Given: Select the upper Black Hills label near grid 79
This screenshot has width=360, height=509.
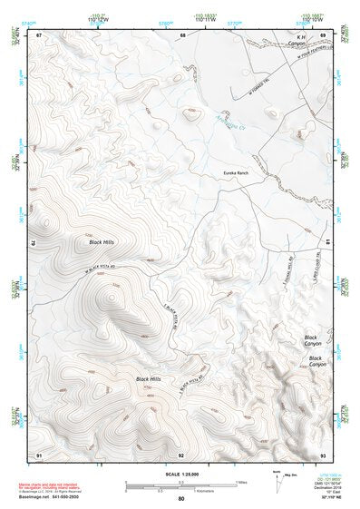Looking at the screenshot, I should [103, 242].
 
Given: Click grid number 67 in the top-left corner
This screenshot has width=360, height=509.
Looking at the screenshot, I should [39, 34].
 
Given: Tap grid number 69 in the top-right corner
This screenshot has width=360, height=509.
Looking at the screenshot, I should [323, 34].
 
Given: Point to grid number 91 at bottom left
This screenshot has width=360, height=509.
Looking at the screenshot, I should [39, 454].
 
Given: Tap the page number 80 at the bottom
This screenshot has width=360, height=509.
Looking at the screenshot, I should [181, 499].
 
